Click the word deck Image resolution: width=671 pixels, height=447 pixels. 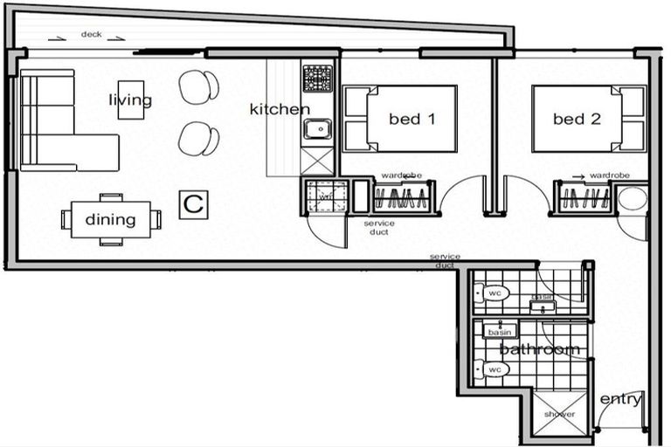coord(91,34)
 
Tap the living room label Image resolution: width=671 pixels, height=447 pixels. coord(130,100)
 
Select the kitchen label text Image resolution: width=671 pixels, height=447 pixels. coord(280,109)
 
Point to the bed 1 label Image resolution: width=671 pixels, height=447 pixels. coord(412,119)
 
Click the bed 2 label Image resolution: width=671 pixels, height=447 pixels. coord(577,119)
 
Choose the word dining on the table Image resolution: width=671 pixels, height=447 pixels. coord(110,219)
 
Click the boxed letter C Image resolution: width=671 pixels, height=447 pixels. coord(193,205)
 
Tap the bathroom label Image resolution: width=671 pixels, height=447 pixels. coord(539,349)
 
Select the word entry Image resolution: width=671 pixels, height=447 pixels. coord(620,400)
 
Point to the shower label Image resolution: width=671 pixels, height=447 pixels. coord(559,414)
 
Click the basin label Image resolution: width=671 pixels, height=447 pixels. coord(499,333)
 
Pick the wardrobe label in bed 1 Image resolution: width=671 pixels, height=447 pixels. coord(402,175)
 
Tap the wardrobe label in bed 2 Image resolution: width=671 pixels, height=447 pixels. coord(610,175)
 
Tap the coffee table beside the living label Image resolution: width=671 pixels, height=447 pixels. coord(130,100)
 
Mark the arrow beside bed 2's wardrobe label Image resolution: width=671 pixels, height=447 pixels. coord(578,175)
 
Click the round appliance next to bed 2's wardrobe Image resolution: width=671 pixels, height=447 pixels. coord(633,198)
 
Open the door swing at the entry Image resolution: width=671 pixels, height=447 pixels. coord(616,417)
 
